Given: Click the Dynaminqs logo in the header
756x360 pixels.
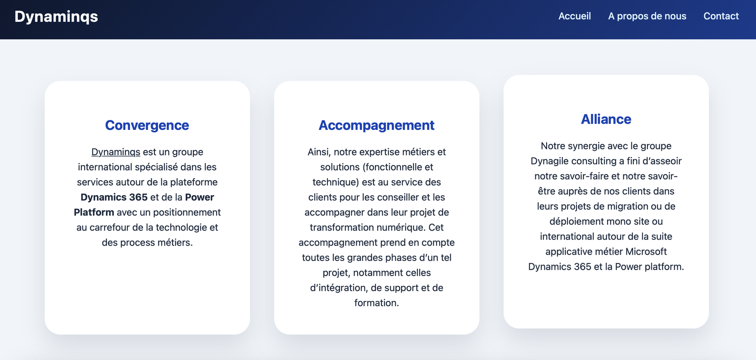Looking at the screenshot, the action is click(x=56, y=17).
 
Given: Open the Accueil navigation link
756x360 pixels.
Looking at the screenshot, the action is click(x=575, y=16).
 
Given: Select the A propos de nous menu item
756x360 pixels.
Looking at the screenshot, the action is click(x=647, y=16).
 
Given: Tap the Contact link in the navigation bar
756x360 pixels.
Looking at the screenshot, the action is click(x=721, y=16).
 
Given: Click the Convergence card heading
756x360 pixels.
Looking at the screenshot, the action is click(x=147, y=125).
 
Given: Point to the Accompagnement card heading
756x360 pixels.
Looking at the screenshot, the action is click(x=376, y=126).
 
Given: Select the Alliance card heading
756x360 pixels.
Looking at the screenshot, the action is click(x=606, y=119).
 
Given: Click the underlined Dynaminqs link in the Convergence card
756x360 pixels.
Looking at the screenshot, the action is click(x=116, y=152).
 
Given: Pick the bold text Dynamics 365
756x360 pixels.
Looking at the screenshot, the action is click(x=114, y=197).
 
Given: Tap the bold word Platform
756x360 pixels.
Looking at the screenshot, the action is click(x=94, y=212).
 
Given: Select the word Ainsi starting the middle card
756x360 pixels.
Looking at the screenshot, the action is click(x=319, y=152).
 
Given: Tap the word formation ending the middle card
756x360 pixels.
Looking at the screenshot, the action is click(x=376, y=303).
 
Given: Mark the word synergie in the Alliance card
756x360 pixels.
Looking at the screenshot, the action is click(x=583, y=146).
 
